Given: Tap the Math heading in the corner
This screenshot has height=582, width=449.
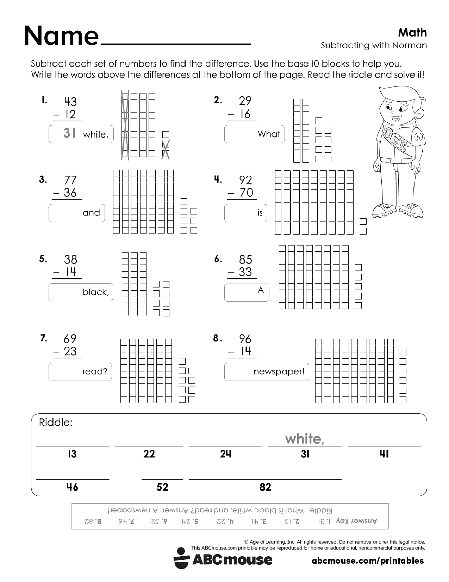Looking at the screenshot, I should coord(412,32).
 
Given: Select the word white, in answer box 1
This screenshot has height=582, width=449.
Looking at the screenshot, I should coord(95,134).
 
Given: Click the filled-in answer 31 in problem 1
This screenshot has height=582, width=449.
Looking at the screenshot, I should coord(70,133).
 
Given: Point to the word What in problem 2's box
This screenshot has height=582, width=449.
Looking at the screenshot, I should coord(269,134).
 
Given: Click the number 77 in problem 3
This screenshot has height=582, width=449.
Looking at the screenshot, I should coord(70,180).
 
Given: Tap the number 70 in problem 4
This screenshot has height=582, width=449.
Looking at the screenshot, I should coord(246,193).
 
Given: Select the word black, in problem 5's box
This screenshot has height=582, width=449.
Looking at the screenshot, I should coord(96,292).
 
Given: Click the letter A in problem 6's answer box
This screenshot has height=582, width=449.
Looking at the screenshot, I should coord(261,290).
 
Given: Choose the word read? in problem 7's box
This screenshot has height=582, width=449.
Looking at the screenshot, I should coord(95,371).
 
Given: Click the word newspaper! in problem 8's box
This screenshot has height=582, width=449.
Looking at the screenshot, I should coord(279,371).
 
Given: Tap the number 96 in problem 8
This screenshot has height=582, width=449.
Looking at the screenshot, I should coord(245,339).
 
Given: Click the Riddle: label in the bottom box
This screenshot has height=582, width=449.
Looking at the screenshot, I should coord(56,422).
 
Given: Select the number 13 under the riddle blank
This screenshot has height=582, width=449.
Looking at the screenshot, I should coord(72,454).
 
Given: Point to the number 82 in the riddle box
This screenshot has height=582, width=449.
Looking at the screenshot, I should coord(265,487).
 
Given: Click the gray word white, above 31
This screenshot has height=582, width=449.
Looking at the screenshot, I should coord(305,439).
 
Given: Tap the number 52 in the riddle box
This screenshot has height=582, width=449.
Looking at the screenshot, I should coord(162,487).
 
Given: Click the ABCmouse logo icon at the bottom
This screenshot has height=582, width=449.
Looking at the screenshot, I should coord(181,558).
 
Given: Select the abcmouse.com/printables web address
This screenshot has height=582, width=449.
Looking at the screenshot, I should coord(368,560).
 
